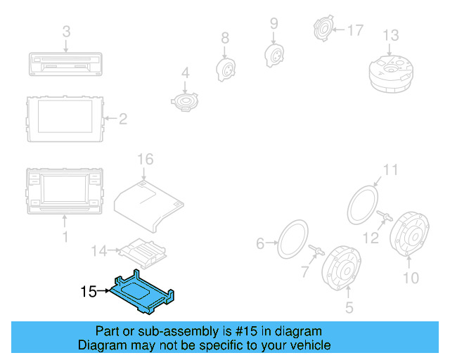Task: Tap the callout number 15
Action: point(88,290)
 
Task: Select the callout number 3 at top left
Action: point(66,32)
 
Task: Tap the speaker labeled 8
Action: point(224,67)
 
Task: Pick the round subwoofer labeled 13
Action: point(390,70)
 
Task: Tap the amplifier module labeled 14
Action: point(141,250)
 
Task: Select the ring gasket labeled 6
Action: point(293,239)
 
